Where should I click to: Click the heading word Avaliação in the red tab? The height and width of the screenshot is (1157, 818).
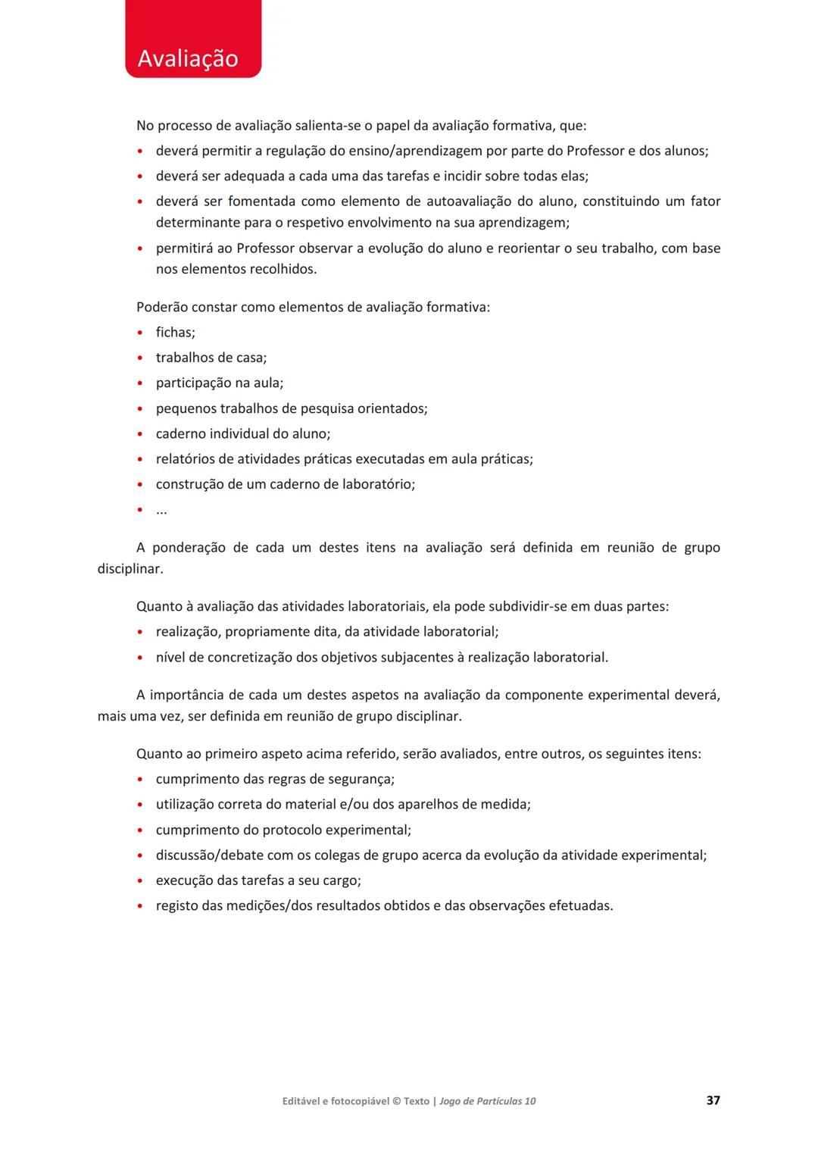pyautogui.click(x=188, y=58)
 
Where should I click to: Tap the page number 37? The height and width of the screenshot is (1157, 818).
pyautogui.click(x=713, y=1100)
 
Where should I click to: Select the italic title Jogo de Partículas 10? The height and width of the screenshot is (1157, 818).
pyautogui.click(x=487, y=1101)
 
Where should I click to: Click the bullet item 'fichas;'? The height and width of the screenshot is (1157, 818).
pyautogui.click(x=175, y=332)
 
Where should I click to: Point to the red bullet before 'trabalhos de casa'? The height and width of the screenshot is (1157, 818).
pyautogui.click(x=140, y=358)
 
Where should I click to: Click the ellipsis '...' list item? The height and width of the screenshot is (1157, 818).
pyautogui.click(x=161, y=510)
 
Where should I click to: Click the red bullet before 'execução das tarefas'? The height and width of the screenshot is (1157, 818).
pyautogui.click(x=140, y=881)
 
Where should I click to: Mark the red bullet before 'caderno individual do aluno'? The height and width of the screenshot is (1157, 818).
pyautogui.click(x=140, y=434)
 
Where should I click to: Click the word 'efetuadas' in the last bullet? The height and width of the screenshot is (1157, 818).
pyautogui.click(x=580, y=905)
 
